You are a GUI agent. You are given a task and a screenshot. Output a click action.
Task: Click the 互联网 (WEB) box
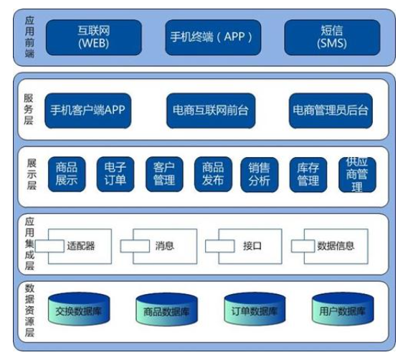(94, 37)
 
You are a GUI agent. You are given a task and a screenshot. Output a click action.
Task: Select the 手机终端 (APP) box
(213, 37)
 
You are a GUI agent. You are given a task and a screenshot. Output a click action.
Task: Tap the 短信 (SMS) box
(332, 37)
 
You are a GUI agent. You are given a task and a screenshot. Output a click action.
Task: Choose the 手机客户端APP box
(88, 110)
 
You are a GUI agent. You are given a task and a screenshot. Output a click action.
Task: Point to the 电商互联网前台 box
(211, 110)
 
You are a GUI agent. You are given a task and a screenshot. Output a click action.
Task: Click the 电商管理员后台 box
(331, 110)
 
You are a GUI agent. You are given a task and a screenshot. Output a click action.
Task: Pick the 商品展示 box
(67, 174)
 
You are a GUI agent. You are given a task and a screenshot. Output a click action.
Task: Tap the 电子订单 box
(115, 174)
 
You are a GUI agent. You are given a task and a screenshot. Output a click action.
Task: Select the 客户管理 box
(164, 174)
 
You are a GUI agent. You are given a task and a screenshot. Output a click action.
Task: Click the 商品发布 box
(213, 174)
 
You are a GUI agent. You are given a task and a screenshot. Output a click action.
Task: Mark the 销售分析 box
(260, 175)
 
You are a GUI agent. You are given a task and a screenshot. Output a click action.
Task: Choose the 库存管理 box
(308, 175)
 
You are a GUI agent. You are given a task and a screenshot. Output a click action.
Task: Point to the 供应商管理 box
(357, 175)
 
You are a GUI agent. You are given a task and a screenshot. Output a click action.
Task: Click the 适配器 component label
(80, 246)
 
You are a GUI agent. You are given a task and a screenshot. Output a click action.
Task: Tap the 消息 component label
(164, 246)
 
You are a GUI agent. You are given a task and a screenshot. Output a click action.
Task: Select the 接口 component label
(252, 246)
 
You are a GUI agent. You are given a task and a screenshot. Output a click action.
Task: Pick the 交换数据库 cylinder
(79, 309)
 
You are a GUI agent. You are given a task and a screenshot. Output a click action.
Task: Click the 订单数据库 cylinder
(255, 309)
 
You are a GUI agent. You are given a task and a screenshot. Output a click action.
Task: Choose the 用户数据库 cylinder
(343, 309)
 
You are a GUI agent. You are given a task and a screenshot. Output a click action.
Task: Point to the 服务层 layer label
(29, 109)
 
